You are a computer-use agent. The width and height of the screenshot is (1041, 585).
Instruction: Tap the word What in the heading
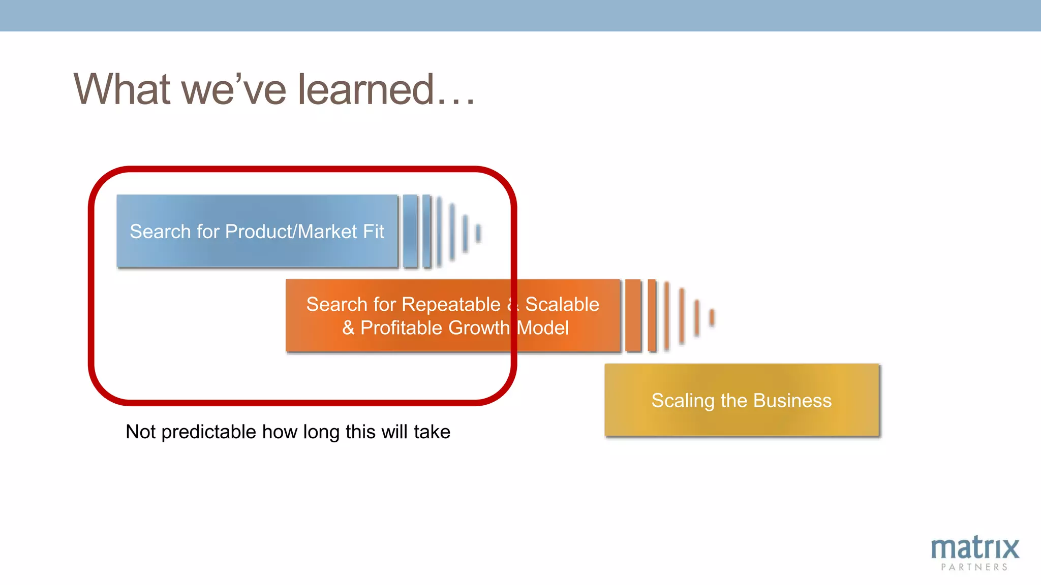pyautogui.click(x=122, y=89)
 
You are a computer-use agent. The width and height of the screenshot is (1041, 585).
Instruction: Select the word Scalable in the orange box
pyautogui.click(x=562, y=305)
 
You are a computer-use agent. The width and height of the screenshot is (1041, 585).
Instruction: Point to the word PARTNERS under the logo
pyautogui.click(x=974, y=567)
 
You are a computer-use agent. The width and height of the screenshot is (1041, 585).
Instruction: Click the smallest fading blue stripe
pyautogui.click(x=478, y=233)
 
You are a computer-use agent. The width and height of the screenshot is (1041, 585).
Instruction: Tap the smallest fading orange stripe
pyautogui.click(x=712, y=317)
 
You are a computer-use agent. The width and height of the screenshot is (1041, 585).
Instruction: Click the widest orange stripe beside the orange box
pyautogui.click(x=633, y=315)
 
